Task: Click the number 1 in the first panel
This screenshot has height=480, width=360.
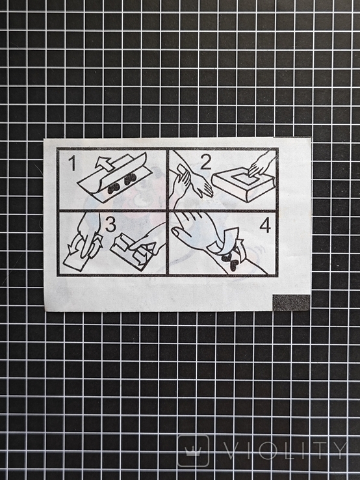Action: pos(72,163)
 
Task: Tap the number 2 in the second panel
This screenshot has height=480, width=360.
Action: pos(205,162)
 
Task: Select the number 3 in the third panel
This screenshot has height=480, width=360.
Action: pos(110,224)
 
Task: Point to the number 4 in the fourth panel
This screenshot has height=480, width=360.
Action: pos(265,226)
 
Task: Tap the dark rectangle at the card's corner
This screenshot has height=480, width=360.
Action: pos(291,302)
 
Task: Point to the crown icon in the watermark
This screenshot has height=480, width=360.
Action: pos(193,450)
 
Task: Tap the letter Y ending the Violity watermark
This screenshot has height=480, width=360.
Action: pos(339,450)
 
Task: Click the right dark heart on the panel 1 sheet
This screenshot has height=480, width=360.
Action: pos(131,178)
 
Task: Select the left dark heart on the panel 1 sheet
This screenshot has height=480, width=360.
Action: pos(114,187)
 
